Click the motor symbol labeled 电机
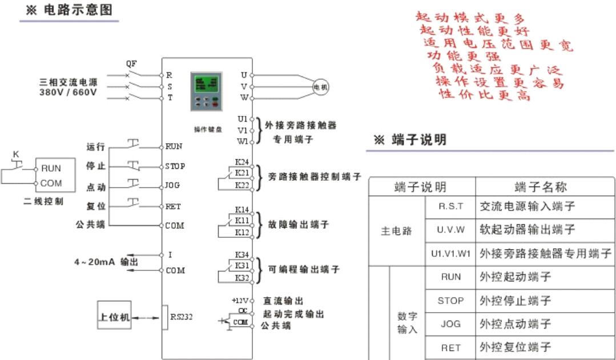pos(320,86)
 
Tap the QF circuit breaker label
pos(131,63)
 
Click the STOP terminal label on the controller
pos(175,167)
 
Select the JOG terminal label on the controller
pos(172,186)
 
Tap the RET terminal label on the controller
pos(173,207)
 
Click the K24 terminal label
pos(242,162)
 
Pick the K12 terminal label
pos(242,233)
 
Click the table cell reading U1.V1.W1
pos(450,253)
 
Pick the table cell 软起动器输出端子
pos(527,229)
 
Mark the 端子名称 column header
pos(540,187)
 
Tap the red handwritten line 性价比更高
pos(484,95)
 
